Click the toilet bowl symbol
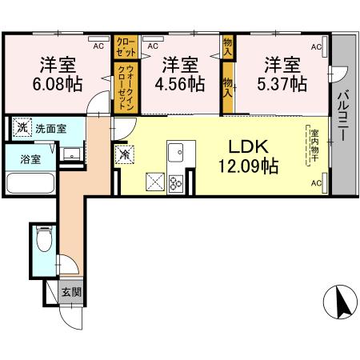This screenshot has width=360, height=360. click(44, 238)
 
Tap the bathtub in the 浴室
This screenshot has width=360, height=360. click(30, 183)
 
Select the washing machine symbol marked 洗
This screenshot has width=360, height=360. click(22, 127)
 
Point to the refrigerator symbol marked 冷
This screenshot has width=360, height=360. click(124, 154)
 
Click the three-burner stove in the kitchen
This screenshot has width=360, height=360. click(176, 183)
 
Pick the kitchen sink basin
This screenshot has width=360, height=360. click(176, 152)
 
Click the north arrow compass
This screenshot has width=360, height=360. click(340, 302)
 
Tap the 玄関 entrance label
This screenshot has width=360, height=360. click(71, 292)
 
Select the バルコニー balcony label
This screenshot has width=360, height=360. click(344, 116)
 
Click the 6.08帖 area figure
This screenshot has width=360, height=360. click(58, 84)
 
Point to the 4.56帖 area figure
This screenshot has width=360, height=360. click(180, 84)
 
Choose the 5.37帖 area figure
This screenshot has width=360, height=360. click(282, 84)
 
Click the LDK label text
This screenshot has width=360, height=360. click(249, 146)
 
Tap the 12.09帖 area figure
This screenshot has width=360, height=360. click(249, 166)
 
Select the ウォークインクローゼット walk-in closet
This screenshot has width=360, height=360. click(126, 87)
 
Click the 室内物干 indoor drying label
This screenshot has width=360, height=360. click(314, 146)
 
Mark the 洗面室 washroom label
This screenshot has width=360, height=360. click(51, 129)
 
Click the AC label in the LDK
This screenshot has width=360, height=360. click(317, 183)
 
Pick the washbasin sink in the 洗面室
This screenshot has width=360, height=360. click(71, 154)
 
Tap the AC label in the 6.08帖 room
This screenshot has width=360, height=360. click(98, 46)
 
